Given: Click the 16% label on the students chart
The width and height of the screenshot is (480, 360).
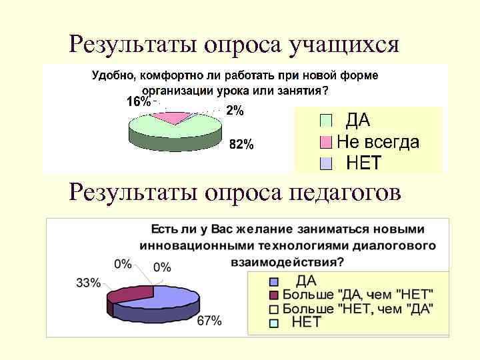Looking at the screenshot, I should [139, 102].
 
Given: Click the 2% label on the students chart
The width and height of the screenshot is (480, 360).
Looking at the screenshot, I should [234, 111].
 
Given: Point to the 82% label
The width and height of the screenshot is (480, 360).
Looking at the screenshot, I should [241, 145].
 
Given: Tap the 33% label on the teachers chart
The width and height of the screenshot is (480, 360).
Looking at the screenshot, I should [88, 283].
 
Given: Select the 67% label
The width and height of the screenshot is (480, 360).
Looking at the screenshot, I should [209, 321].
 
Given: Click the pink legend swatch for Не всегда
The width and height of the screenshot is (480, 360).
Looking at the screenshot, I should [325, 142].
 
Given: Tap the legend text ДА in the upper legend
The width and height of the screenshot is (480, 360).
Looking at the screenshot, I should [357, 121].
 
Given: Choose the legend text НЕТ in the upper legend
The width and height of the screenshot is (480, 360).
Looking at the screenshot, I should [363, 163].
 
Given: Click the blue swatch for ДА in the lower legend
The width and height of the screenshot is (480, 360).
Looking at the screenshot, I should [273, 281].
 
